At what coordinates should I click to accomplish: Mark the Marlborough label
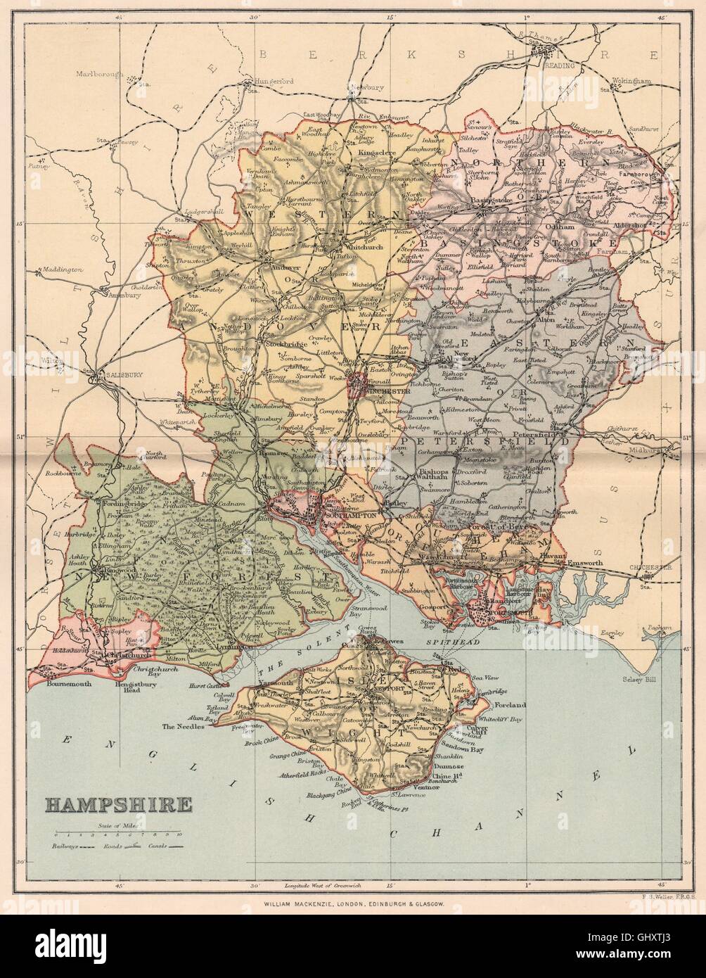coord(97,72)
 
